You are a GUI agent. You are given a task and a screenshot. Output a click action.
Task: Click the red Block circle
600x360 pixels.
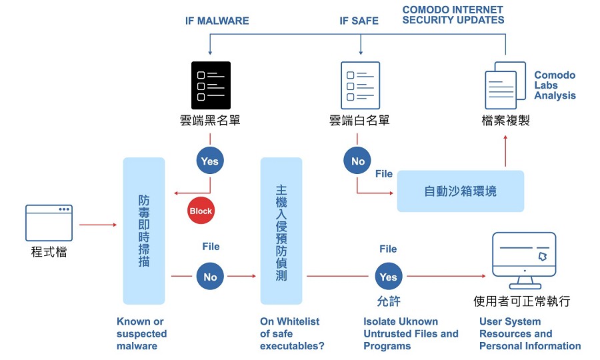tap(201, 211)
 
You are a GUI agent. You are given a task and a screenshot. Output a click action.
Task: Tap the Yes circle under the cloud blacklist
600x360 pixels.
tap(210, 161)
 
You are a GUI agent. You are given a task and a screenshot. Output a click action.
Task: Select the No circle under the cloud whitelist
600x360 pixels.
tap(357, 161)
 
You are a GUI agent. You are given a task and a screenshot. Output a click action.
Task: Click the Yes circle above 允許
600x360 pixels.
tap(389, 276)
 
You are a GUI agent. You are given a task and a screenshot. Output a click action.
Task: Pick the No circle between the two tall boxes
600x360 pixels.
tap(210, 276)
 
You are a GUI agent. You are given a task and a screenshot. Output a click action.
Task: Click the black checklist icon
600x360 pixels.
tap(211, 85)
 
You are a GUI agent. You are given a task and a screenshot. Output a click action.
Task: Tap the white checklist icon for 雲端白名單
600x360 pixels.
tap(361, 85)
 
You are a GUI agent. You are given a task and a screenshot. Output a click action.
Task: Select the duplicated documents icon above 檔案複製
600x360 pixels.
tap(505, 85)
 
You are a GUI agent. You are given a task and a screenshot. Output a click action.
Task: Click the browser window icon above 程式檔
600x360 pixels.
tap(49, 223)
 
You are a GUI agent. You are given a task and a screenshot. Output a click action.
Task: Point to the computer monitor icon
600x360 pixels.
tap(524, 261)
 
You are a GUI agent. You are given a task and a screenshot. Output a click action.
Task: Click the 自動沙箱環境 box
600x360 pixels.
tap(460, 191)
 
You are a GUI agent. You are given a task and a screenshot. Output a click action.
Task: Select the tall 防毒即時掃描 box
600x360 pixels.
tap(144, 231)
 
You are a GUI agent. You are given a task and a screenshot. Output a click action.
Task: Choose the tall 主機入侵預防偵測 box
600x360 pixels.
tap(281, 231)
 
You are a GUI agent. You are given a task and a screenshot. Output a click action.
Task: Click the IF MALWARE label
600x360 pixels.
tap(217, 21)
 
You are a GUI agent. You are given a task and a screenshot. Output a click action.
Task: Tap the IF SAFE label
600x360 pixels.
tap(359, 21)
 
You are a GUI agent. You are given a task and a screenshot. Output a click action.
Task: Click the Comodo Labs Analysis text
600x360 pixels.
tap(555, 85)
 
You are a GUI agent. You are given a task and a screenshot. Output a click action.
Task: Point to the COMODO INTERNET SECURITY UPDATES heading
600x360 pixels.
tap(453, 15)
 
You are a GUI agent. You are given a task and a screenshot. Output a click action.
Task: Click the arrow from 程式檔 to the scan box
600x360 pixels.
tap(98, 225)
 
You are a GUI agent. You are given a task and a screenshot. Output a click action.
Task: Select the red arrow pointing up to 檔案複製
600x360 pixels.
tap(505, 151)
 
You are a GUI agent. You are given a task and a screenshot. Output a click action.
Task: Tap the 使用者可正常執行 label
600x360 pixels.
tap(522, 301)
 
